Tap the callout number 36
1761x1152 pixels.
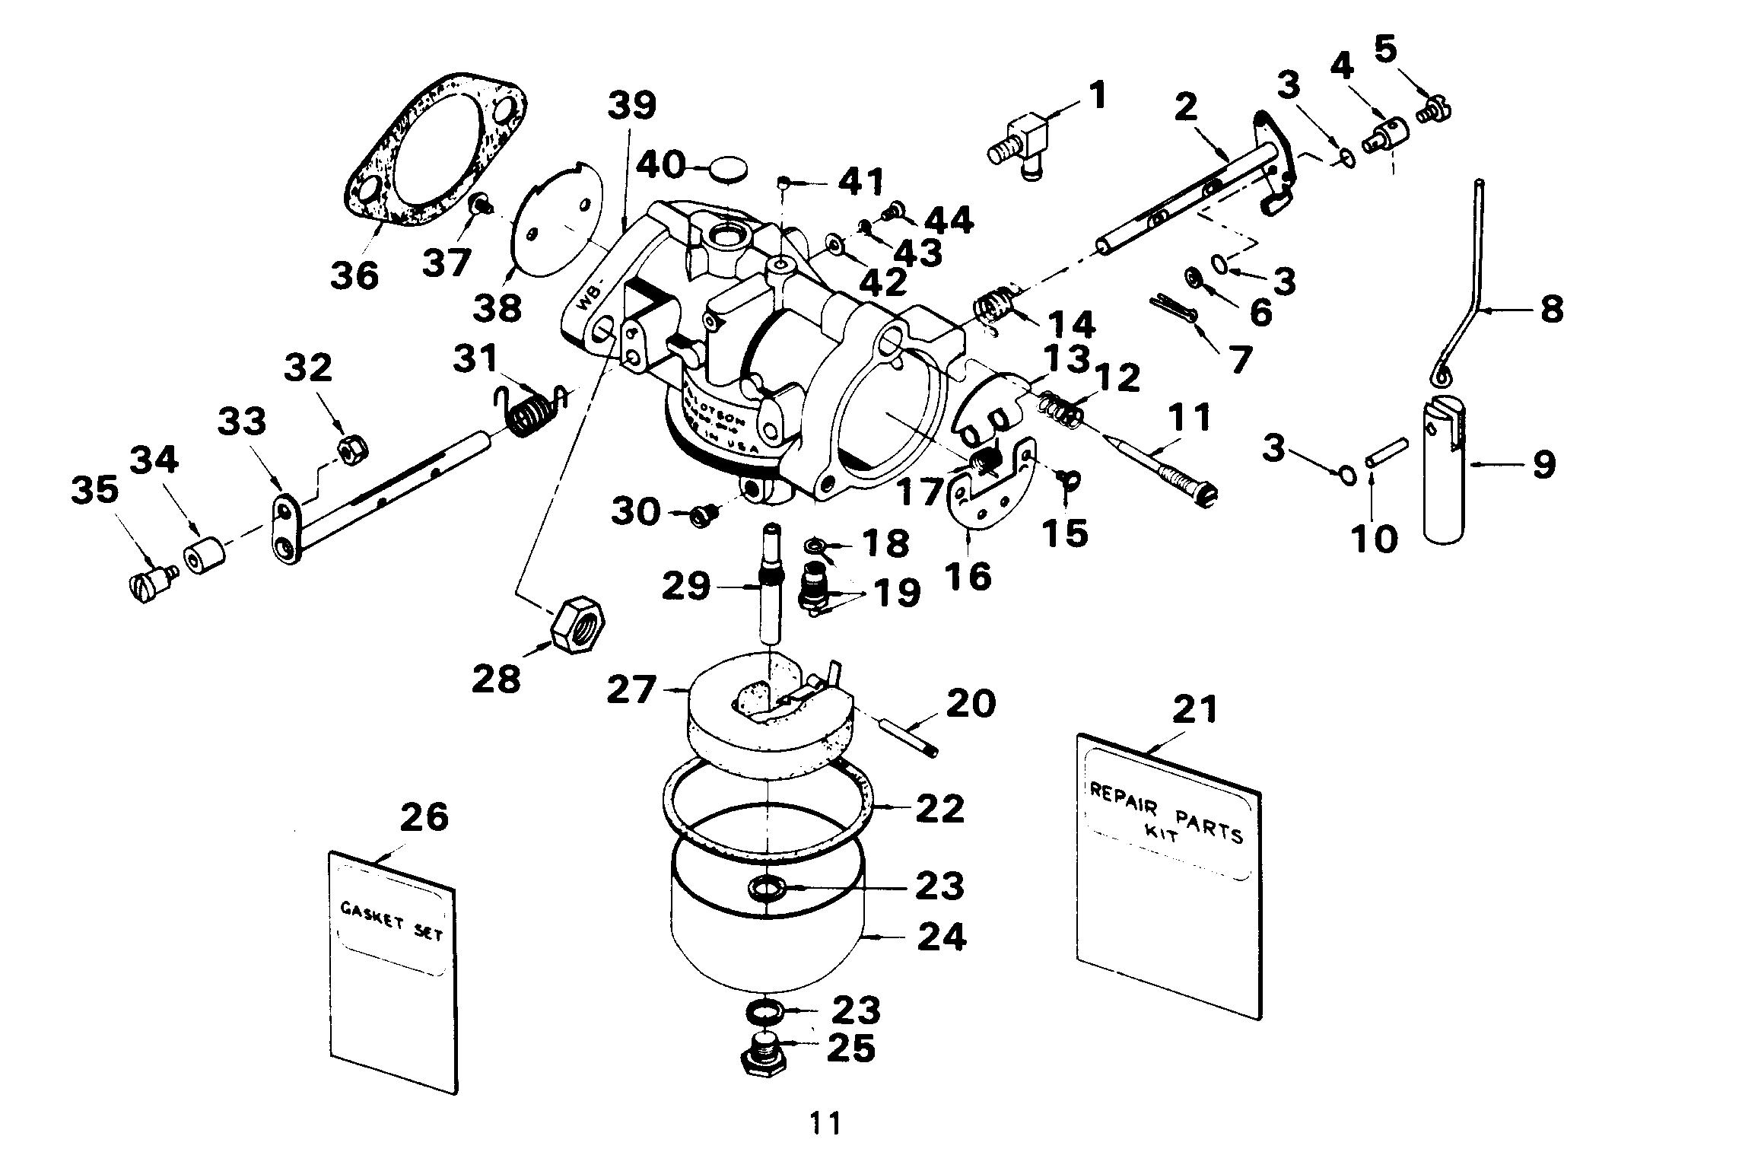point(354,275)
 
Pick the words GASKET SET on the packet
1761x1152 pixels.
point(391,921)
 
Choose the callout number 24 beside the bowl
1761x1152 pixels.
point(942,937)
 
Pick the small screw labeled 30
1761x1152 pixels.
point(700,515)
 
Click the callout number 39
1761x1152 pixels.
point(632,107)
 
